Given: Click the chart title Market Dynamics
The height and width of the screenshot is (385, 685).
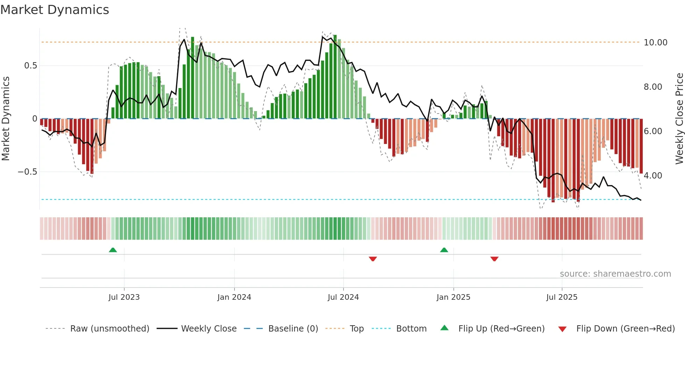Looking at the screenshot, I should pyautogui.click(x=55, y=10).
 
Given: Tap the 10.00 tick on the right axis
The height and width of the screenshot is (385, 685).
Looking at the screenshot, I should pyautogui.click(x=655, y=43).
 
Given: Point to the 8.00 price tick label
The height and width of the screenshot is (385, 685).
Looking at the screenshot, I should pyautogui.click(x=652, y=87).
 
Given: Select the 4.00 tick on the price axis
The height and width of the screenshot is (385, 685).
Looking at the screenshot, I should pyautogui.click(x=652, y=176).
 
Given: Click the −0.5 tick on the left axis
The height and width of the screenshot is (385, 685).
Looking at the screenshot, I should pyautogui.click(x=27, y=172).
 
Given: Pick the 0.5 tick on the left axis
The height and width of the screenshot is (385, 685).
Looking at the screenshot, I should pyautogui.click(x=30, y=66).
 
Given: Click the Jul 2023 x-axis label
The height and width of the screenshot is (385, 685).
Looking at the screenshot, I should pyautogui.click(x=124, y=297).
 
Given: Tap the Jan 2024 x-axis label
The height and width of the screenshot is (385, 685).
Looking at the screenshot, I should pyautogui.click(x=234, y=297).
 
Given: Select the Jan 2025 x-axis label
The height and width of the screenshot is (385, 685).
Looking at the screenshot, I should pyautogui.click(x=453, y=297).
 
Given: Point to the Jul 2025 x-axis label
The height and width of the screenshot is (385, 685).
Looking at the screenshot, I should pyautogui.click(x=562, y=297).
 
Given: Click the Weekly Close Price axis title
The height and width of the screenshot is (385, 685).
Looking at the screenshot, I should pyautogui.click(x=679, y=118).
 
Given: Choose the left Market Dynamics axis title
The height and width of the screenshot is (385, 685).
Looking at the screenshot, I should pyautogui.click(x=6, y=118).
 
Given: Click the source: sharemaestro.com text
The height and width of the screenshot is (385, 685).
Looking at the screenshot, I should pyautogui.click(x=615, y=274).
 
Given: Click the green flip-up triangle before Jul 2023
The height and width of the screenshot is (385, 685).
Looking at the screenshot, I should pyautogui.click(x=113, y=250).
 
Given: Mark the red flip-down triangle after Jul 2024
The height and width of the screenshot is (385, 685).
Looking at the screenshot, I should pyautogui.click(x=373, y=259).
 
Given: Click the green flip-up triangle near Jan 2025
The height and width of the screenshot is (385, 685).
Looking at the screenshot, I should pyautogui.click(x=444, y=250).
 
